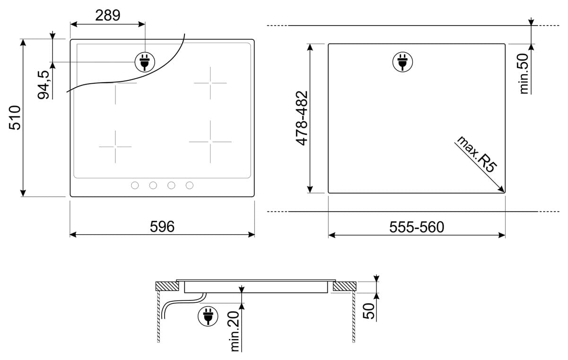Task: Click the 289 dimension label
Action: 107,16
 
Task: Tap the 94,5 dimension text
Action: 44,85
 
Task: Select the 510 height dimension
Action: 15,118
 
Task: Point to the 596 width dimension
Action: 162,227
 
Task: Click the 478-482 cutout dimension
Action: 302,118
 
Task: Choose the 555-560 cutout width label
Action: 417,227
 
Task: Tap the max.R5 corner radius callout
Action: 477,154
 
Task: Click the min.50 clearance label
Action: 524,74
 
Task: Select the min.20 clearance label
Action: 235,331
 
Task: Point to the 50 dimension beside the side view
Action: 368,311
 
